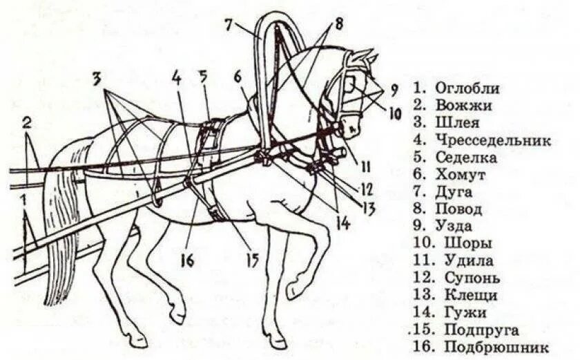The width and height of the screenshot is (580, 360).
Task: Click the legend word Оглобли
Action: [x=467, y=88]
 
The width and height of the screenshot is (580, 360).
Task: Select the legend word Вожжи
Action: [x=463, y=106]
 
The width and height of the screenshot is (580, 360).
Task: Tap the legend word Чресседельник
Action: [x=493, y=140]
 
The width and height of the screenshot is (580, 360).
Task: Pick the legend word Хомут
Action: [x=461, y=175]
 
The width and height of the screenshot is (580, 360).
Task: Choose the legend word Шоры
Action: [x=467, y=244]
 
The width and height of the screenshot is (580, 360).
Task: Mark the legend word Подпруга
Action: [x=482, y=330]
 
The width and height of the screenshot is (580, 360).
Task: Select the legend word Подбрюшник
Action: [x=496, y=347]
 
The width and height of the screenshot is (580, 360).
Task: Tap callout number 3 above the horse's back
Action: [x=98, y=77]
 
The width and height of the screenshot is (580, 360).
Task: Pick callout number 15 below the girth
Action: [x=251, y=260]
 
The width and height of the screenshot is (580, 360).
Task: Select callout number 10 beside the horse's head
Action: [x=394, y=112]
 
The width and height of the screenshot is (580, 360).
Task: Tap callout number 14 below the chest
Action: [x=343, y=222]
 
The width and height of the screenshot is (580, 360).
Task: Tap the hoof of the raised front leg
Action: [x=294, y=290]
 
